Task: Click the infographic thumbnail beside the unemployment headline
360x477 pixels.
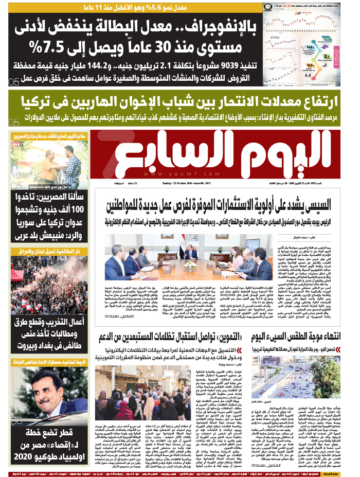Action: [x=310, y=43]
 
